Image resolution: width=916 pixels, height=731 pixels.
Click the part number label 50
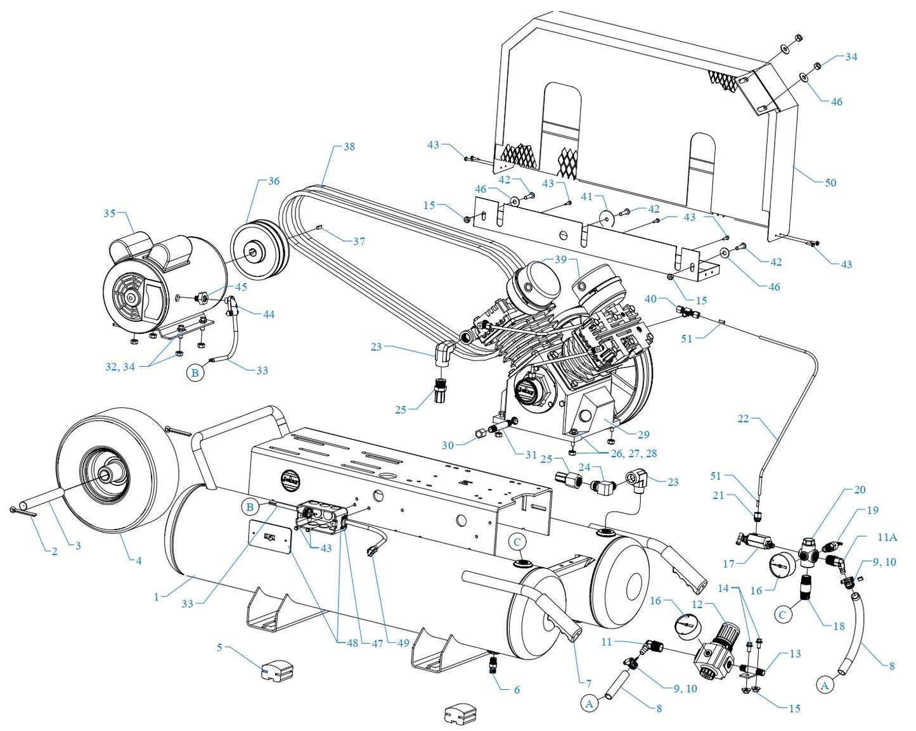pyautogui.click(x=830, y=182)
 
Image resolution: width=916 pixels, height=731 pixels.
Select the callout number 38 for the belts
pyautogui.click(x=349, y=146)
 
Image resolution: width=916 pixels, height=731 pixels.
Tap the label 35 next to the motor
pyautogui.click(x=110, y=213)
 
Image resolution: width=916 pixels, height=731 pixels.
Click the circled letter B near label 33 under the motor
pyautogui.click(x=195, y=372)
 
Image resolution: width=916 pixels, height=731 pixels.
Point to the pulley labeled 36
pyautogui.click(x=259, y=250)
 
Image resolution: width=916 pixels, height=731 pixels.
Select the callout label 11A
pyautogui.click(x=887, y=537)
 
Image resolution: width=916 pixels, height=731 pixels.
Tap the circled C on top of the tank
pyautogui.click(x=517, y=542)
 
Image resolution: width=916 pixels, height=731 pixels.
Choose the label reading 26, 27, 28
pyautogui.click(x=633, y=454)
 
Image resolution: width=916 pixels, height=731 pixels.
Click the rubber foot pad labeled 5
pyautogui.click(x=277, y=668)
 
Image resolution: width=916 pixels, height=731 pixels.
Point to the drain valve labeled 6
pyautogui.click(x=494, y=664)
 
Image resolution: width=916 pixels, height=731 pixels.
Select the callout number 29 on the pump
pyautogui.click(x=643, y=435)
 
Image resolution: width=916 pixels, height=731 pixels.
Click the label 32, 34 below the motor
pyautogui.click(x=120, y=367)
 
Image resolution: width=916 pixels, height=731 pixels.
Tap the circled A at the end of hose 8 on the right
pyautogui.click(x=824, y=685)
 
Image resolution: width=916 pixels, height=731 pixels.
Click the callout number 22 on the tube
pyautogui.click(x=743, y=418)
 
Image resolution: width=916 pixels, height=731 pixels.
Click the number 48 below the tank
pyautogui.click(x=352, y=643)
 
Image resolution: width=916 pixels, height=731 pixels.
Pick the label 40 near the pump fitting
pyautogui.click(x=650, y=299)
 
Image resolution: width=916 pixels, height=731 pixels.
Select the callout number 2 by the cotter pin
pyautogui.click(x=55, y=551)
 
